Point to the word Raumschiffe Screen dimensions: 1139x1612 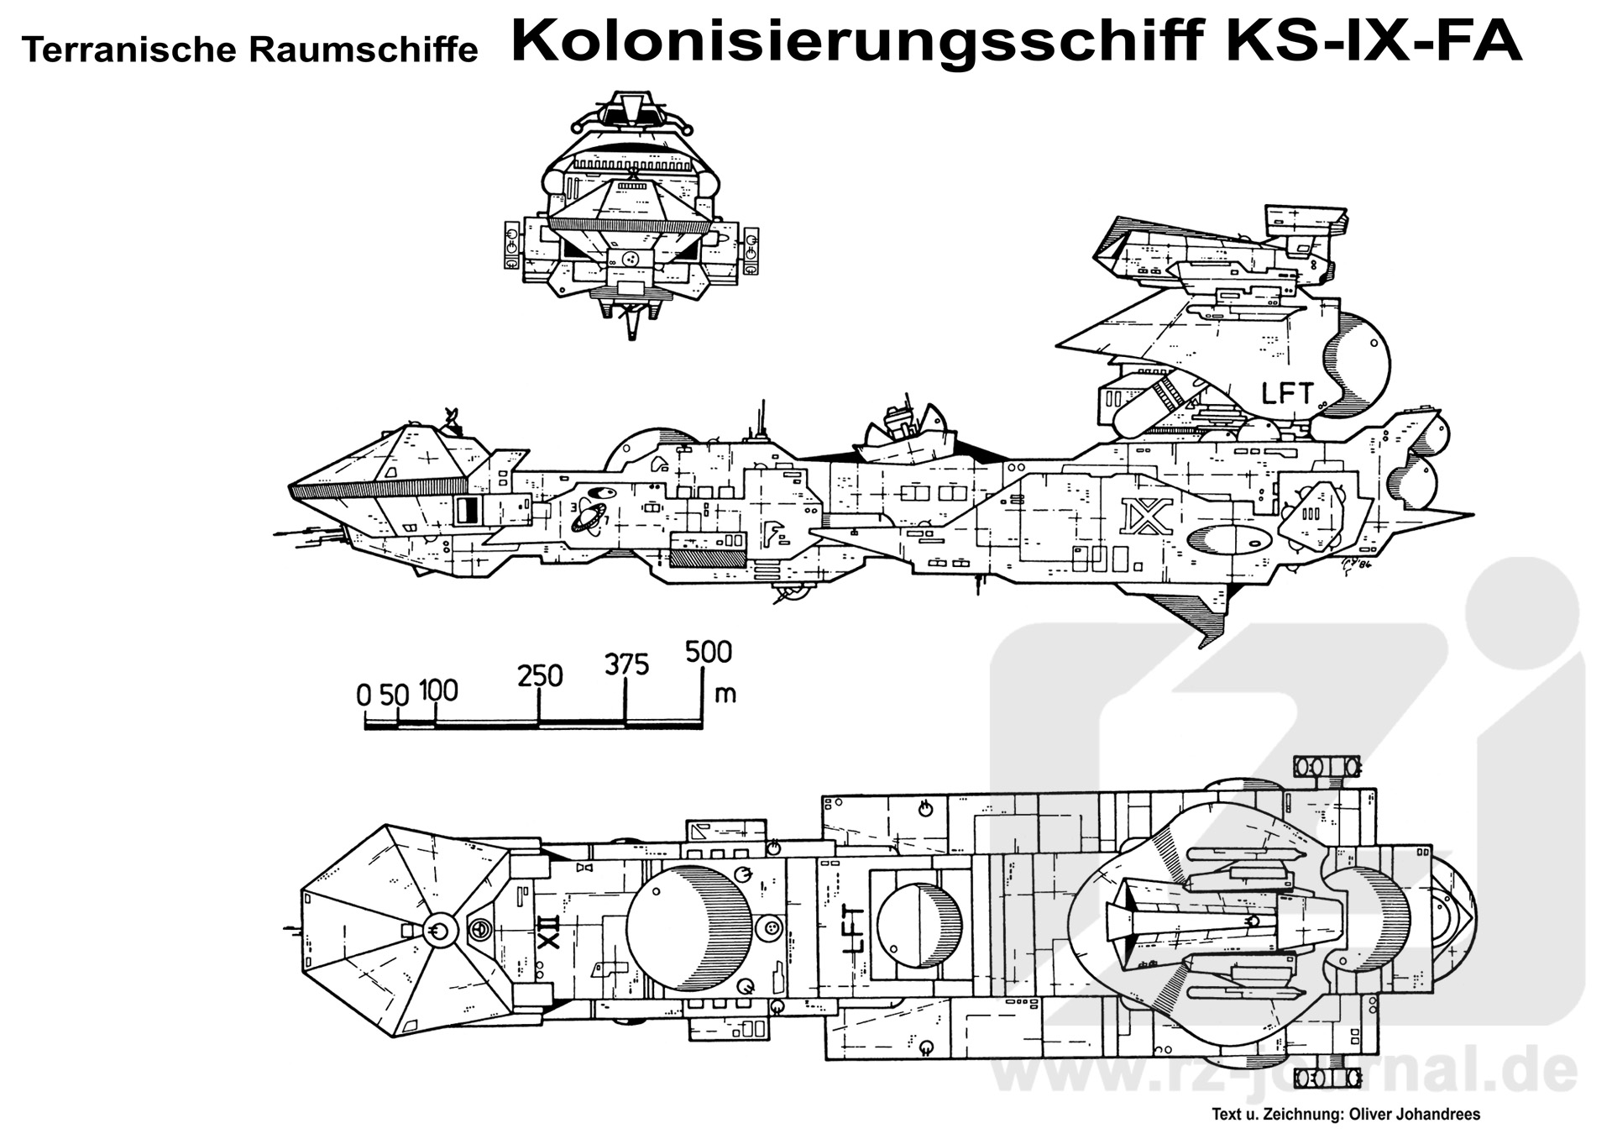click(363, 50)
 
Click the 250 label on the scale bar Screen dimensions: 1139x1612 click(540, 676)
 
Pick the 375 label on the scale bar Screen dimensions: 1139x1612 click(626, 665)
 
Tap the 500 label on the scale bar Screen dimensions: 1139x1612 click(708, 652)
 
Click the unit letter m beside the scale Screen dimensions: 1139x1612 click(725, 694)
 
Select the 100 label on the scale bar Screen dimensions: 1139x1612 click(438, 690)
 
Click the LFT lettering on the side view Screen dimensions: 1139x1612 click(1287, 392)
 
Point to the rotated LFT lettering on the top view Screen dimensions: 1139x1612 click(853, 928)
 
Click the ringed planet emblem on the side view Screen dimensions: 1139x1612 click(587, 518)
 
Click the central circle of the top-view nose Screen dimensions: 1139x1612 click(437, 929)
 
